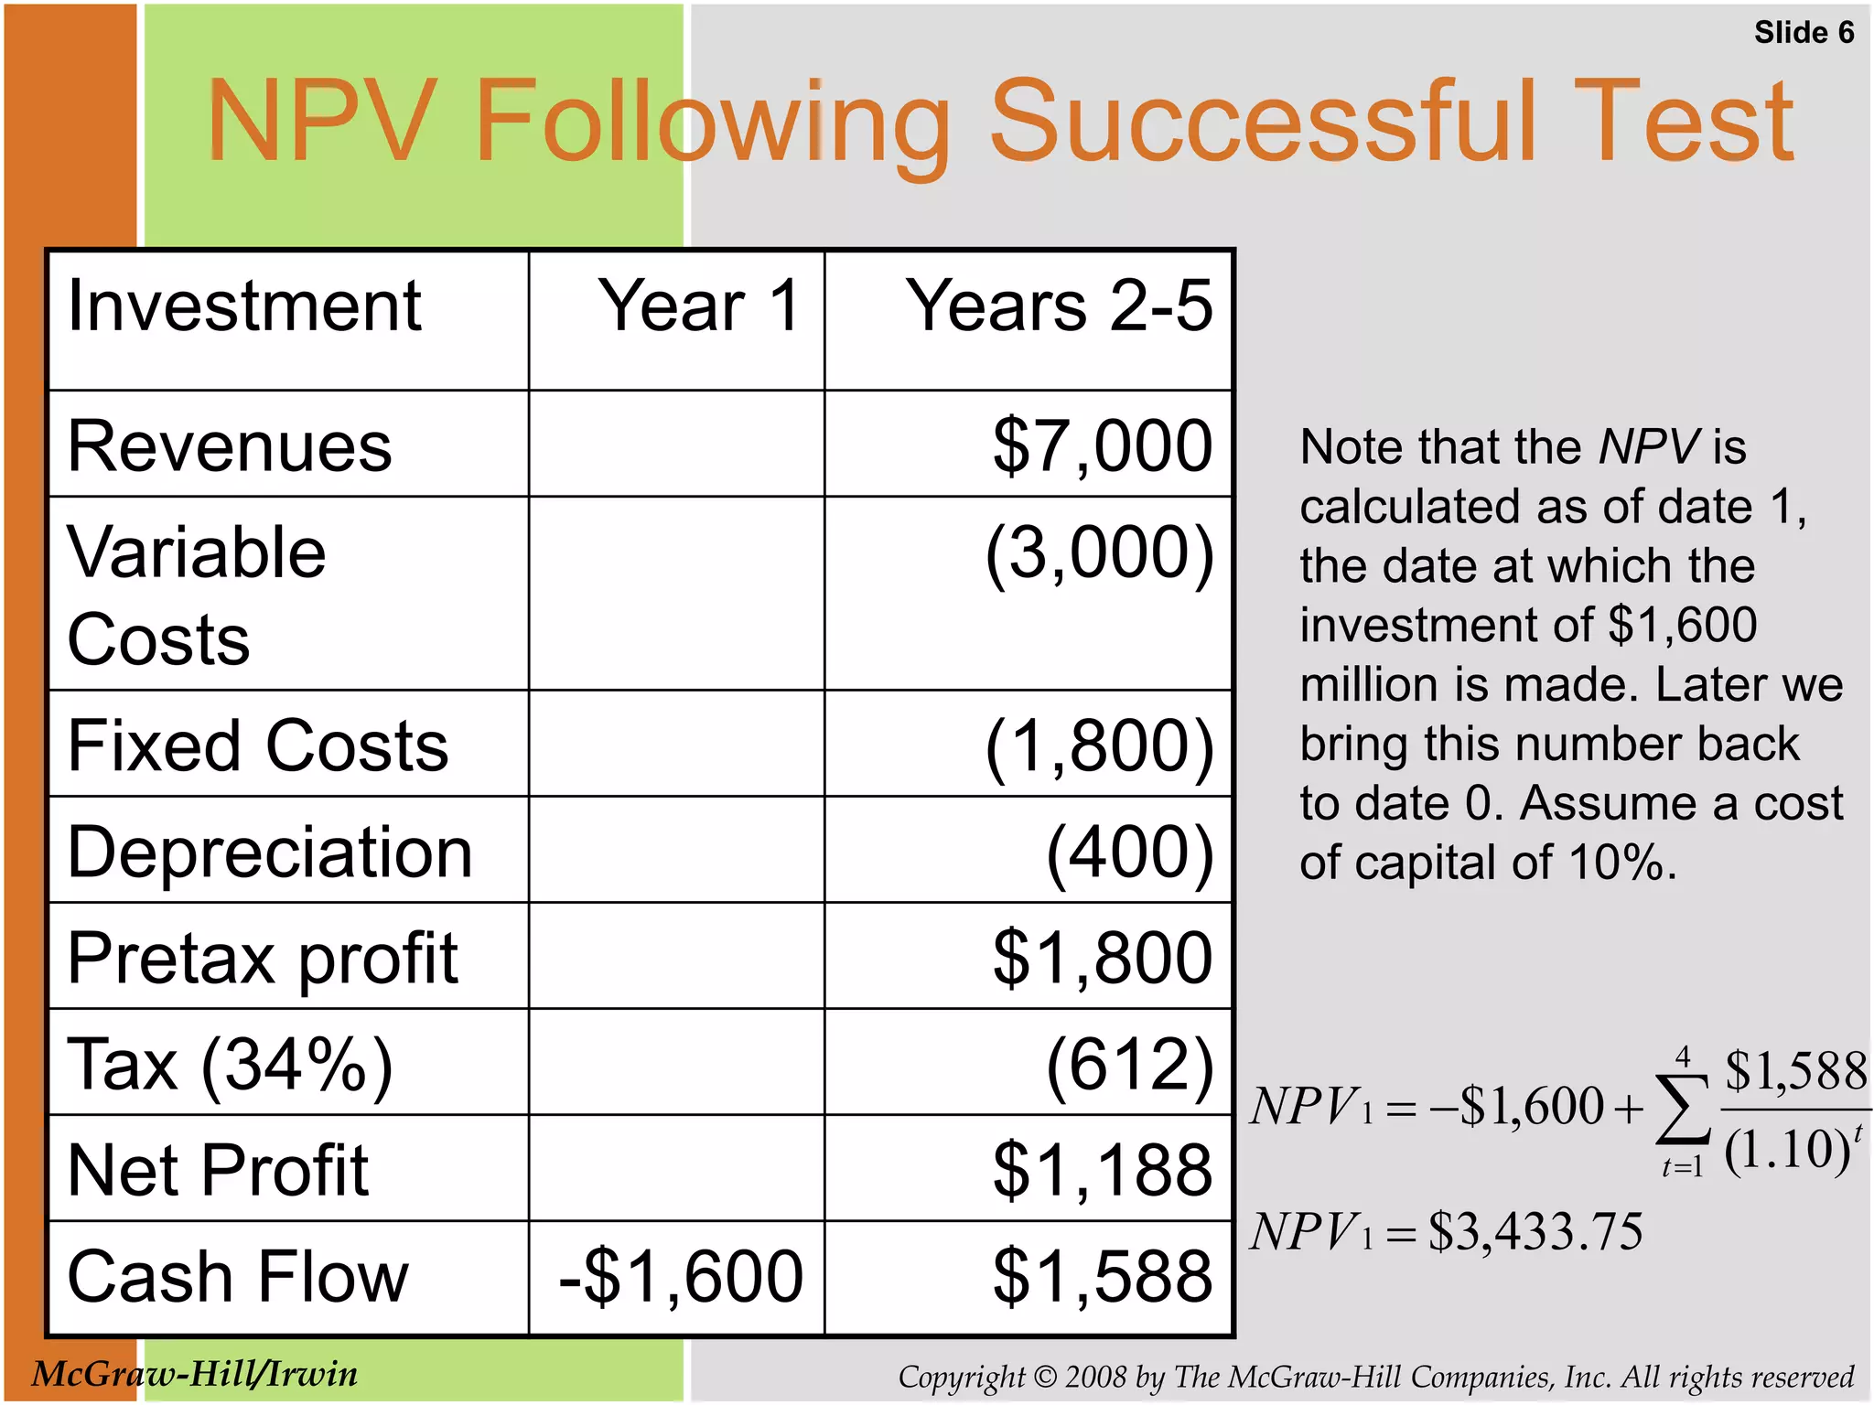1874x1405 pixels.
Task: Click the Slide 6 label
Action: pyautogui.click(x=1803, y=33)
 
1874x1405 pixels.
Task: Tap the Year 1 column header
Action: pyautogui.click(x=700, y=306)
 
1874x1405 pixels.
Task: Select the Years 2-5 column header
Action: pyautogui.click(x=1059, y=306)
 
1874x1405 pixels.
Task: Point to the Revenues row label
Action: pyautogui.click(x=230, y=447)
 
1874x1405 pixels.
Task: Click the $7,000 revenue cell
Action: pyautogui.click(x=1103, y=447)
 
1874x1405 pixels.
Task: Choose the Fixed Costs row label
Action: pyautogui.click(x=258, y=746)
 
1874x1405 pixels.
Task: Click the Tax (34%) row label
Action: pyautogui.click(x=230, y=1065)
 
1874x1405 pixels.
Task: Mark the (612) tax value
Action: pyautogui.click(x=1129, y=1065)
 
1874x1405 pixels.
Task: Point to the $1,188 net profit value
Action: pyautogui.click(x=1103, y=1171)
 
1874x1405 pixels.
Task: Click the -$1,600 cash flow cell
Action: pyautogui.click(x=681, y=1277)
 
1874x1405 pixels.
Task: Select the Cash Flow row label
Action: pyautogui.click(x=238, y=1277)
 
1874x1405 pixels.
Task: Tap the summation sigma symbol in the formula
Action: pyautogui.click(x=1682, y=1110)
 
